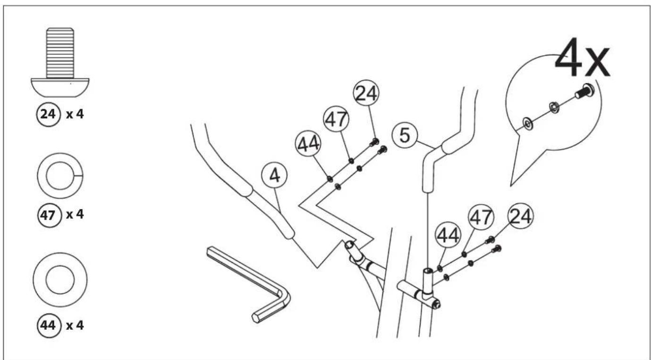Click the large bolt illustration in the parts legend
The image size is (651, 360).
coord(60,62)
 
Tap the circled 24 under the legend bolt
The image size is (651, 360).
coord(48,114)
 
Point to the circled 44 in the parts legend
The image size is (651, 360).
coord(49,326)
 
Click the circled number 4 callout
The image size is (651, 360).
coord(274,176)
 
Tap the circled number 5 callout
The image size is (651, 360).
coord(405,135)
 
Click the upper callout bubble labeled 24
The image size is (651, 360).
coord(366,93)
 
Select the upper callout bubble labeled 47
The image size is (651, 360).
coord(337,119)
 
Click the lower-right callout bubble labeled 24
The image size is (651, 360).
coord(521,216)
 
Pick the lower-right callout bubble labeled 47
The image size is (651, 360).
coord(481,217)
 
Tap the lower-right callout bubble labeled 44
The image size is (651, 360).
coord(448,235)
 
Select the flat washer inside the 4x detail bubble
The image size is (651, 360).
coord(528,124)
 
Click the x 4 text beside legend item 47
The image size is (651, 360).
coord(75,214)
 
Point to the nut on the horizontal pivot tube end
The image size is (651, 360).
coord(436,305)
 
